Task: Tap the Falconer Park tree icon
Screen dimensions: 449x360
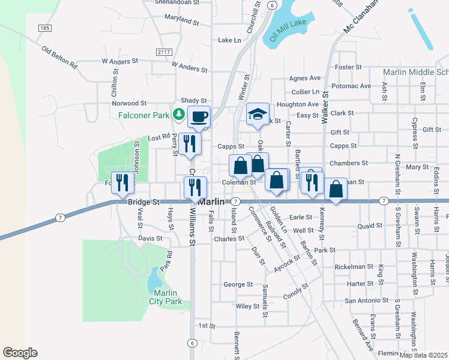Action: [x=178, y=113]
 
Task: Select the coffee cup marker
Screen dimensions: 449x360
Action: [x=199, y=116]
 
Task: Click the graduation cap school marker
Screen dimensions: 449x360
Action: [x=257, y=114]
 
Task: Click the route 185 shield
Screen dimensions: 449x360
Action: [x=44, y=28]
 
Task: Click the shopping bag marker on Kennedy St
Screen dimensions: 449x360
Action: [x=336, y=189]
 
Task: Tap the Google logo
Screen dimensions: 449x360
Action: [x=20, y=353]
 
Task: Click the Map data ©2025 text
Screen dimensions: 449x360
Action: [x=423, y=355]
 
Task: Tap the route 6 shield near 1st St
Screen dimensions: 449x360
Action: [x=191, y=343]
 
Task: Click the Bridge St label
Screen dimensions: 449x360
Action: [x=143, y=203]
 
